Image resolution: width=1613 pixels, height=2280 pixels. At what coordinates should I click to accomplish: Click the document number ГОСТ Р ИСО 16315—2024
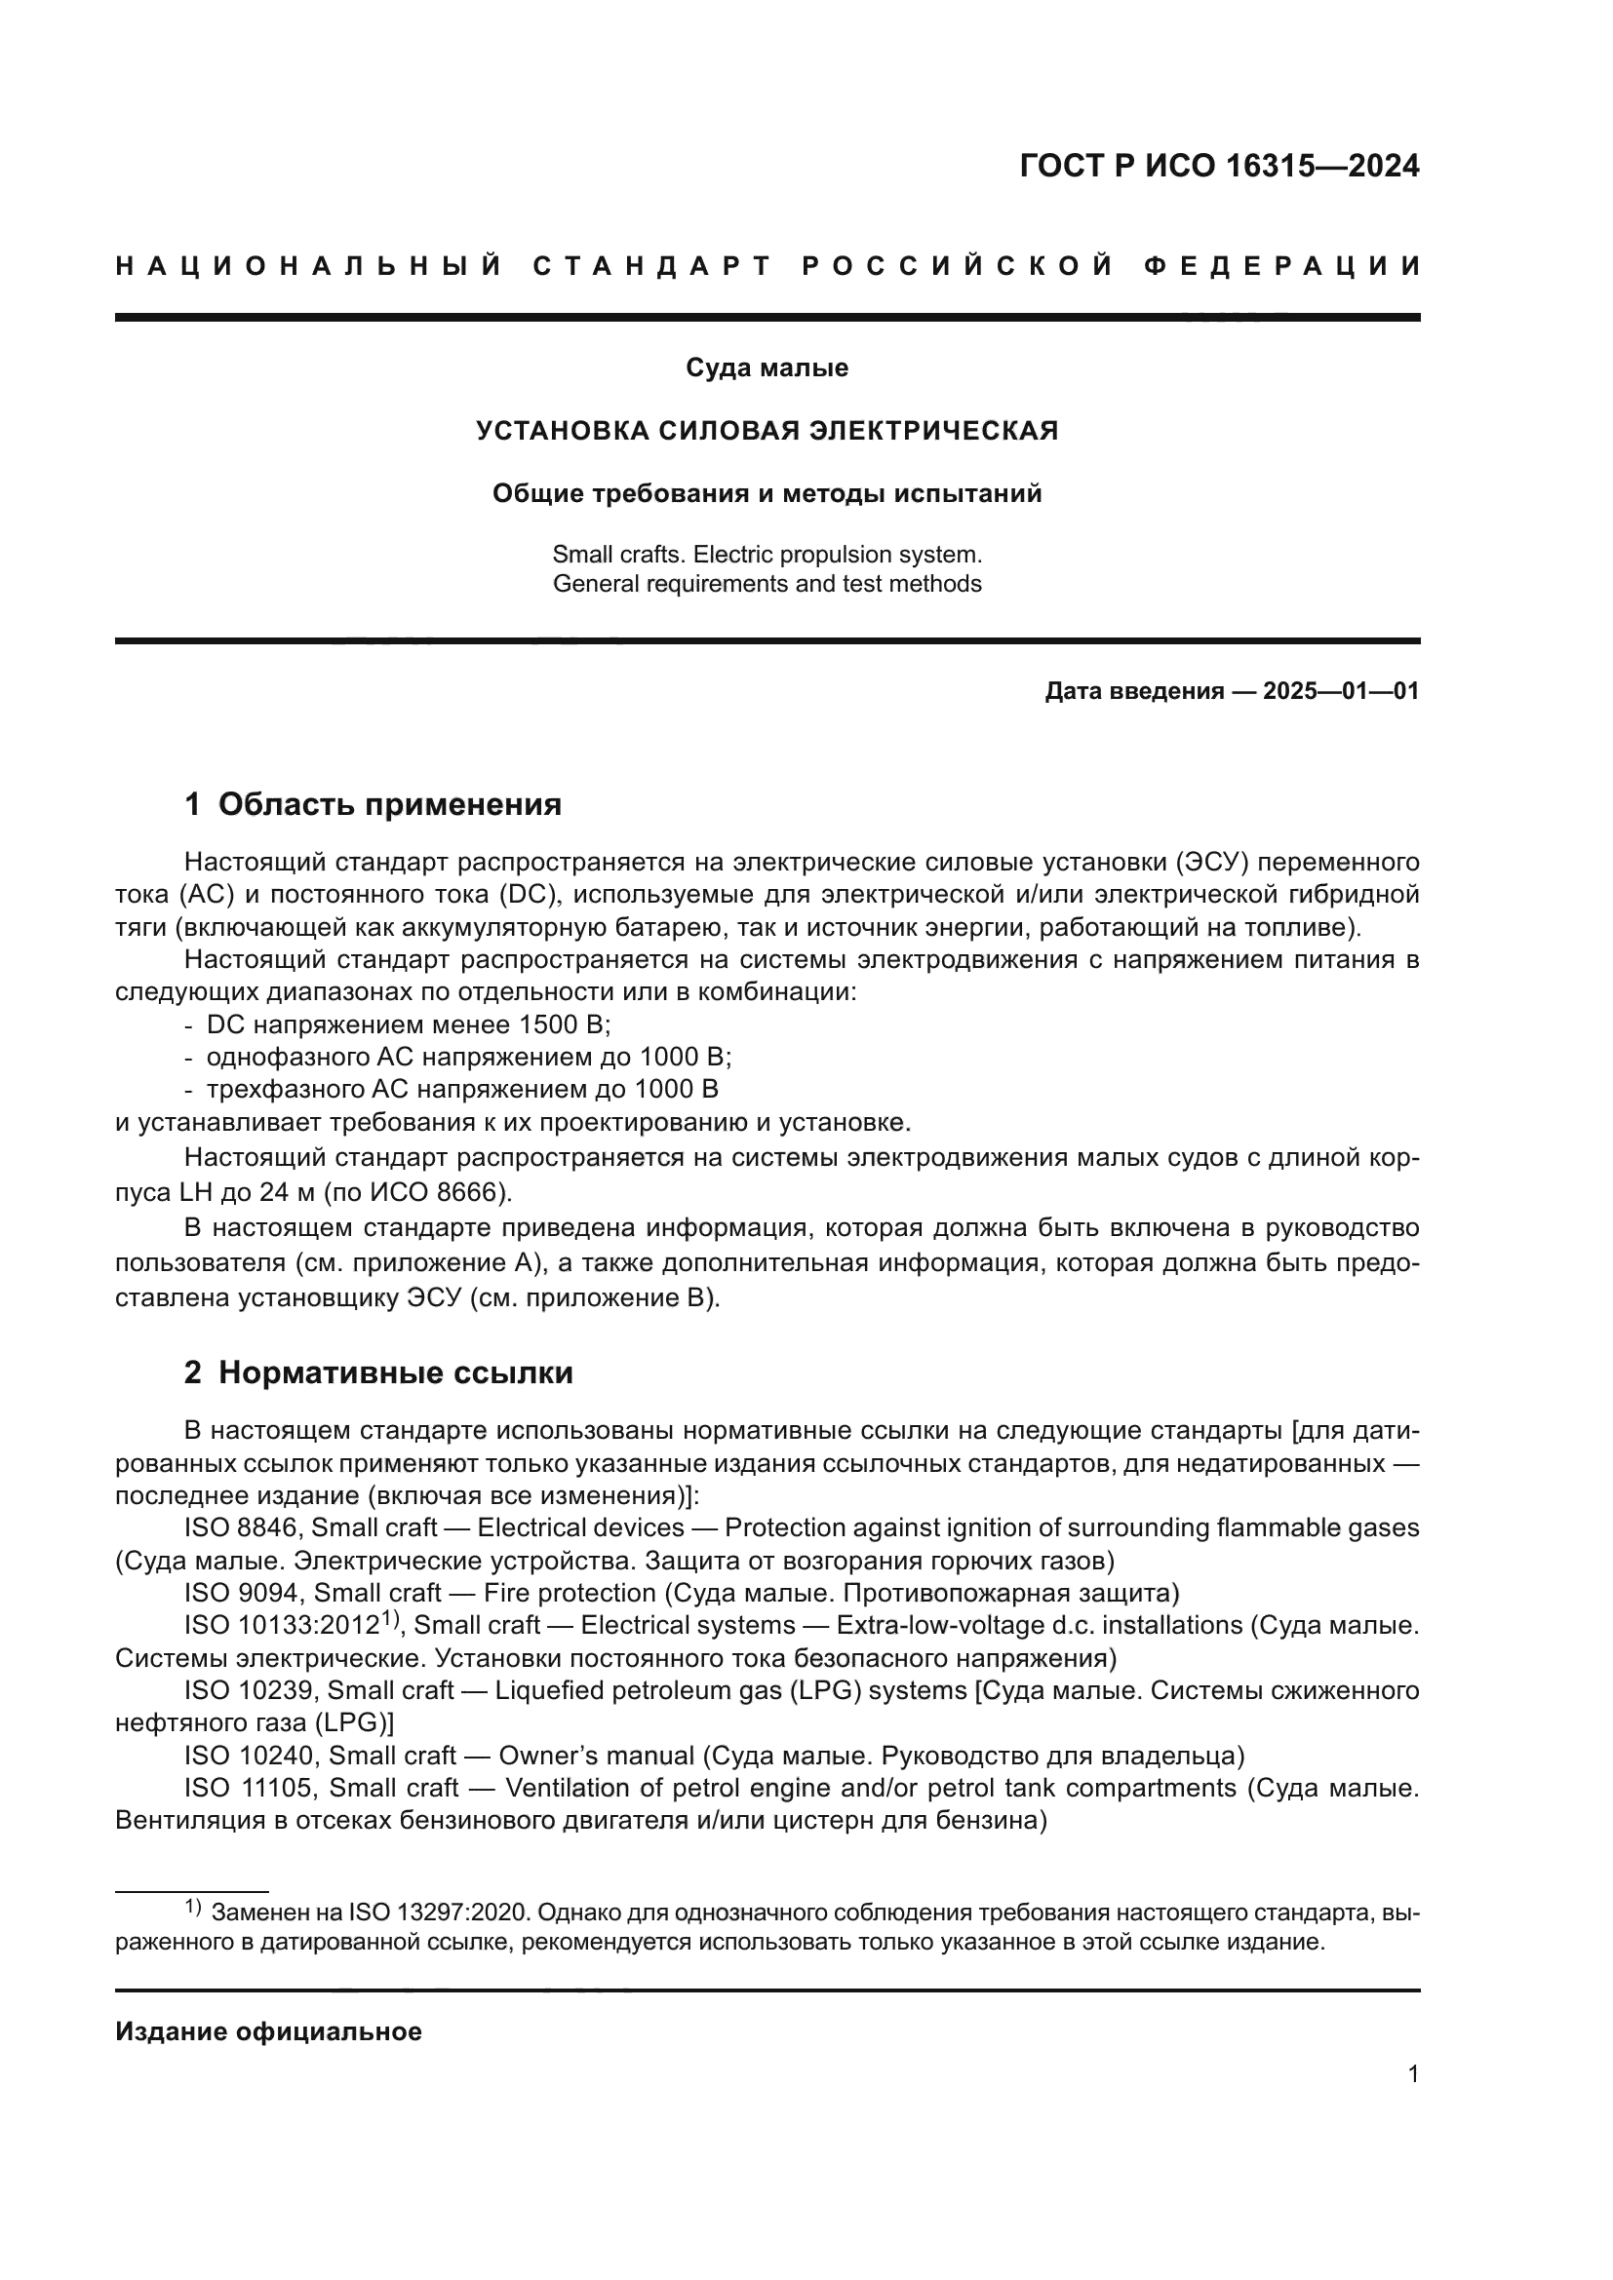[1219, 166]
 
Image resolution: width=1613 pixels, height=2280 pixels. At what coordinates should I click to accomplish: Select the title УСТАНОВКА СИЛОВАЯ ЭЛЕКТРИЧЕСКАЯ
[767, 431]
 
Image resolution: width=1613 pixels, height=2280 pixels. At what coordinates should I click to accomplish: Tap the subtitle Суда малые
[767, 368]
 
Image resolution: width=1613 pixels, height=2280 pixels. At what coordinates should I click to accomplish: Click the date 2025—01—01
[1341, 691]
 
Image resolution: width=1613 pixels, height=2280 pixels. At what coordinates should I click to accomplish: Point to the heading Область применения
[389, 804]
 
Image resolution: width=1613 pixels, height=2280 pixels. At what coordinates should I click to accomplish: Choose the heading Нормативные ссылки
[395, 1373]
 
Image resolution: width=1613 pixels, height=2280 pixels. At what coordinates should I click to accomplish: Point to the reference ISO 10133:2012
[283, 1627]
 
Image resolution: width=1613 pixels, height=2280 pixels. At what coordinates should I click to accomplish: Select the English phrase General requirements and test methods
[767, 584]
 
